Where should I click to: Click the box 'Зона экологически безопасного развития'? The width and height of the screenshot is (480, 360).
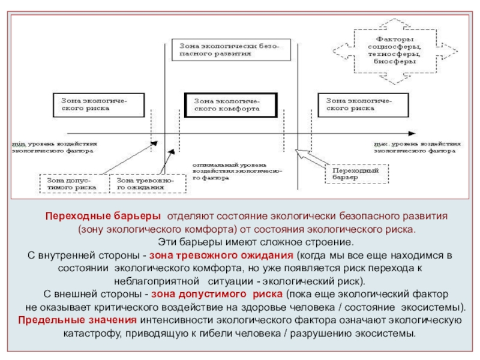point(232,49)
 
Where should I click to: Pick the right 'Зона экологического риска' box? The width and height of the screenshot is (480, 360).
point(360,105)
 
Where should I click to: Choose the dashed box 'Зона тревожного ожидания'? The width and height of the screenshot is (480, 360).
point(148,184)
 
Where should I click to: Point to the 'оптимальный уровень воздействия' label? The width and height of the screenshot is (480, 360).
point(237,171)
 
